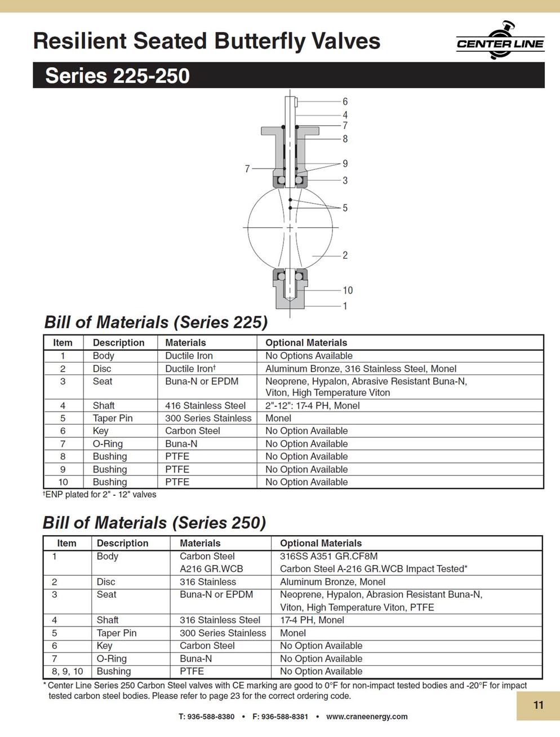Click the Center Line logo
[500, 41]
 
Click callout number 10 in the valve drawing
[347, 290]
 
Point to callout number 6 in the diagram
[345, 101]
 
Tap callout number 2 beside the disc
[345, 255]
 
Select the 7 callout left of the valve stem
[247, 169]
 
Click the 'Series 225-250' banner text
[117, 76]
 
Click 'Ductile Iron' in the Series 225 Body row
[189, 356]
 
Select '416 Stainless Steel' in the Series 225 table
[205, 405]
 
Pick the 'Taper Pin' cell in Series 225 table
[113, 418]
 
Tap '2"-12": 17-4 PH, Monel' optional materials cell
[312, 405]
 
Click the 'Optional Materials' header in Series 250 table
[321, 543]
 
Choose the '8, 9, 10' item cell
[66, 671]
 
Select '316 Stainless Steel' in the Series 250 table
[220, 620]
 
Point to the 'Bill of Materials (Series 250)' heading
[154, 523]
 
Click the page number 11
[538, 705]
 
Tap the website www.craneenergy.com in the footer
[367, 717]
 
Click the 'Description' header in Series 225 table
[118, 343]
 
